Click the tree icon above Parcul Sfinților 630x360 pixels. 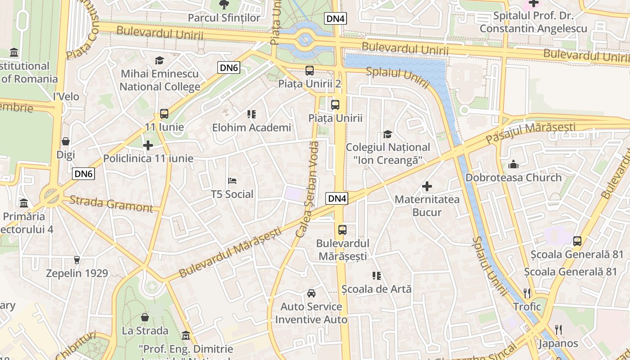point(224,5)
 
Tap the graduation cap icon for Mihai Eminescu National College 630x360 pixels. point(159,60)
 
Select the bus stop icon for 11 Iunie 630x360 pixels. point(164,114)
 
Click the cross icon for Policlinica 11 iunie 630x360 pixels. point(148,145)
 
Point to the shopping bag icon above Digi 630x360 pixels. point(66,141)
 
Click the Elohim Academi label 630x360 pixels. point(252,128)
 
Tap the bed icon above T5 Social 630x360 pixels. point(232,181)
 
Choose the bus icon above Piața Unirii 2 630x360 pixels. point(310,71)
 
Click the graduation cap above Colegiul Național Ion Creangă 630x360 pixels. point(387,134)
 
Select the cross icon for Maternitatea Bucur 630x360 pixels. point(427,186)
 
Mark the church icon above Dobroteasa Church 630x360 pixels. point(513,164)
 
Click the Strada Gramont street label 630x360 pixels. point(111,204)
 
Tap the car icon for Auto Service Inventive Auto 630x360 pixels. point(311,293)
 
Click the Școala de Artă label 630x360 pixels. point(377,289)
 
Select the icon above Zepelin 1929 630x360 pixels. point(77,260)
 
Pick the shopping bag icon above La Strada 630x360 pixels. point(145,317)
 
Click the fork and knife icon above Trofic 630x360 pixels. point(527,293)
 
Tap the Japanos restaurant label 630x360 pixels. point(558,343)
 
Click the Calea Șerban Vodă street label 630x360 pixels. point(307,189)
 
